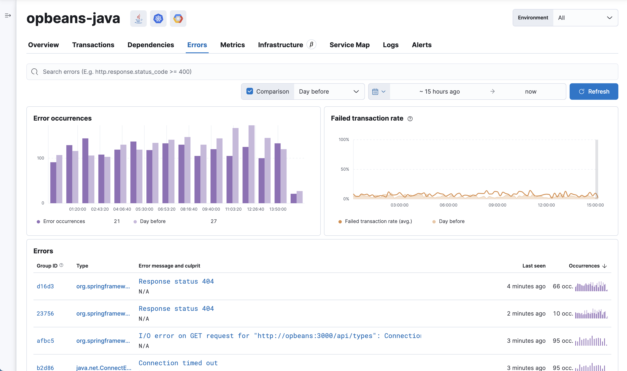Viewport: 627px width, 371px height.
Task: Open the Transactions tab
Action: point(93,45)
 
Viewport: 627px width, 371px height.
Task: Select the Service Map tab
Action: point(349,45)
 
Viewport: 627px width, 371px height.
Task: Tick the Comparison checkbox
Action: point(250,91)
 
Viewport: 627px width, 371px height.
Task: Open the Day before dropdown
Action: point(329,92)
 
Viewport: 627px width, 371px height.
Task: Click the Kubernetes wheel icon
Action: point(158,19)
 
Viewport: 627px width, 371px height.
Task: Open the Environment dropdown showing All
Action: point(585,18)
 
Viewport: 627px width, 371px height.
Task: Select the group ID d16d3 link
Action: point(45,286)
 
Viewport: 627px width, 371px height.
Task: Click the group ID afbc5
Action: point(45,341)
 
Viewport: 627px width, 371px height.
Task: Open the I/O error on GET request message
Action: point(280,336)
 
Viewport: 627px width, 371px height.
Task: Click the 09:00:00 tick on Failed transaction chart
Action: point(497,205)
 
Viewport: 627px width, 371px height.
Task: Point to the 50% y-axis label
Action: point(345,169)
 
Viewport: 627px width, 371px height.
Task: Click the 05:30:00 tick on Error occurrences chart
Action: point(144,209)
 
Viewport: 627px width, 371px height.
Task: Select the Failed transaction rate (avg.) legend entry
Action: point(378,221)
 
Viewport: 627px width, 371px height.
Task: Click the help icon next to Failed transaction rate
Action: point(410,119)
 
